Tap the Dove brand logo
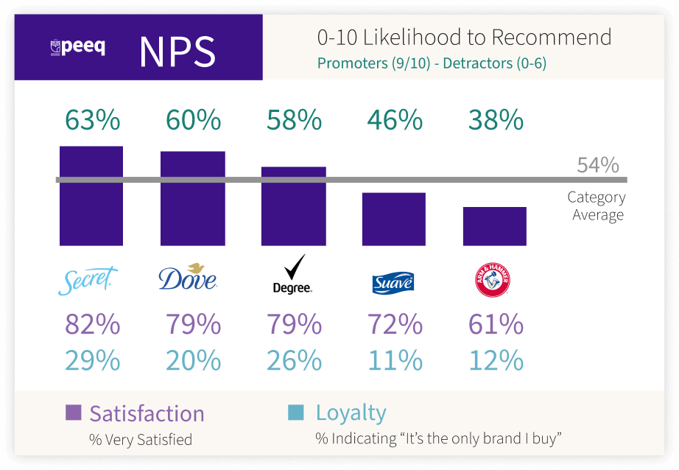188,277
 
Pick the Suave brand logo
393,282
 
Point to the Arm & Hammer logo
493,280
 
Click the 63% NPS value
92,120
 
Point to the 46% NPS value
395,120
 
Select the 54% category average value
597,165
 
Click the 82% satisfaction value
92,324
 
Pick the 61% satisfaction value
496,324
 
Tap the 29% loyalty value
92,360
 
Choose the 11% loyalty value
395,360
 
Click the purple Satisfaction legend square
73,413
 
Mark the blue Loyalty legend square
295,413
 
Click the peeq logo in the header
77,48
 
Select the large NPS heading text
177,51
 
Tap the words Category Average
596,206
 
